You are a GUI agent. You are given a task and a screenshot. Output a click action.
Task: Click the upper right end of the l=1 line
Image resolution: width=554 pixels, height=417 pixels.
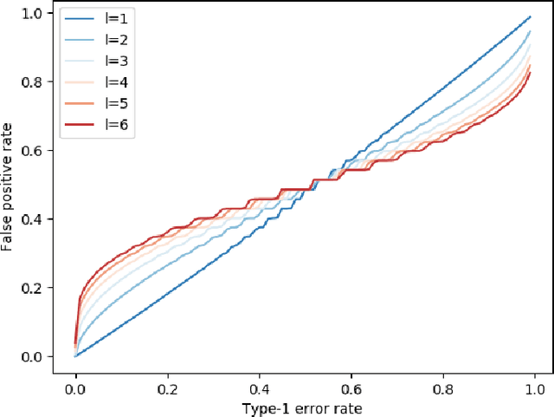pos(530,16)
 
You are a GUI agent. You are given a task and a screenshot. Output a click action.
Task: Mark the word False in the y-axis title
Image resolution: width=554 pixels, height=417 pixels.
pos(11,235)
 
